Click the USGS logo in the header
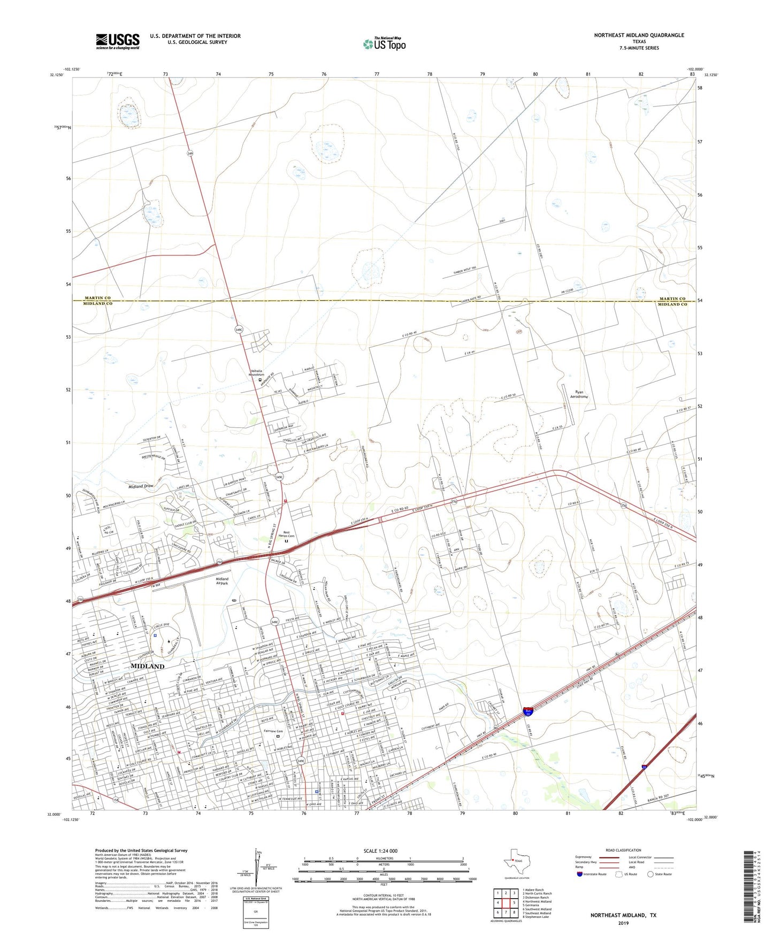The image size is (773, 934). pos(118,41)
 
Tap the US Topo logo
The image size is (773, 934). pos(384,43)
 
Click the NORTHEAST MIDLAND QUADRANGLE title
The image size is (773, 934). pos(639,35)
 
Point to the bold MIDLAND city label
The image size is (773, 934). pos(147,666)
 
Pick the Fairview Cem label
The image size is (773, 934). pos(272,731)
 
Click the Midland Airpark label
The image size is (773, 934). pos(221,581)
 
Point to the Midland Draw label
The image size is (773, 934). pos(141,486)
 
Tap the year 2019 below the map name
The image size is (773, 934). pos(623,923)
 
